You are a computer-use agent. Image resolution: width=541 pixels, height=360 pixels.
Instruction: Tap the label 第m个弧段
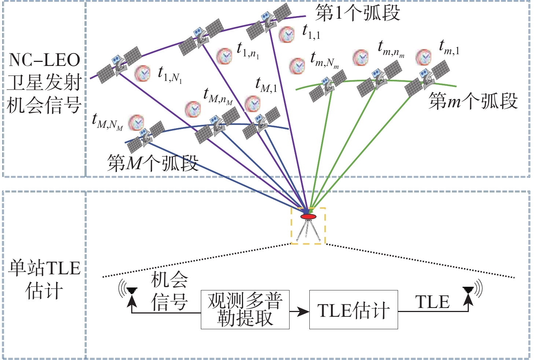click(473, 101)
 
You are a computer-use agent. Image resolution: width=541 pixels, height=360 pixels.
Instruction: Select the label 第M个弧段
click(152, 163)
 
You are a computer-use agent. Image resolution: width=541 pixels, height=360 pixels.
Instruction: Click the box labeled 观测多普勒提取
click(245, 310)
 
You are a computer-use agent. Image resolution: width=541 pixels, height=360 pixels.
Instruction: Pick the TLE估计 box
click(353, 310)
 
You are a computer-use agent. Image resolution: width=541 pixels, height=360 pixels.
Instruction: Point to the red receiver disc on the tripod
click(308, 216)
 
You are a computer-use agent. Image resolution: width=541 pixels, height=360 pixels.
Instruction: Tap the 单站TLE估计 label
click(44, 279)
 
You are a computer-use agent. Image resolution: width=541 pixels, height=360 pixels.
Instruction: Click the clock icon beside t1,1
click(287, 35)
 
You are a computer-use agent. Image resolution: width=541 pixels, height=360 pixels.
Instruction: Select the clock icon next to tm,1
click(424, 57)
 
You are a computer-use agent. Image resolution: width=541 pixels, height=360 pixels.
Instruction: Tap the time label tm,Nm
click(324, 60)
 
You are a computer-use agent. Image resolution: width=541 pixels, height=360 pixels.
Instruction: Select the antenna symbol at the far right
click(468, 290)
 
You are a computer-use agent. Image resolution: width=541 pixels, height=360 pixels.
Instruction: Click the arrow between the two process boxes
click(299, 312)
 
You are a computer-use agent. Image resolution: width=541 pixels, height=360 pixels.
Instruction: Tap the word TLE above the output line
click(433, 303)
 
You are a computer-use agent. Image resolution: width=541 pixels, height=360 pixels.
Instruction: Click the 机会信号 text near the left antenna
click(169, 292)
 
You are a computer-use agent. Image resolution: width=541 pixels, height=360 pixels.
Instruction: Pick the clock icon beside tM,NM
click(136, 123)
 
